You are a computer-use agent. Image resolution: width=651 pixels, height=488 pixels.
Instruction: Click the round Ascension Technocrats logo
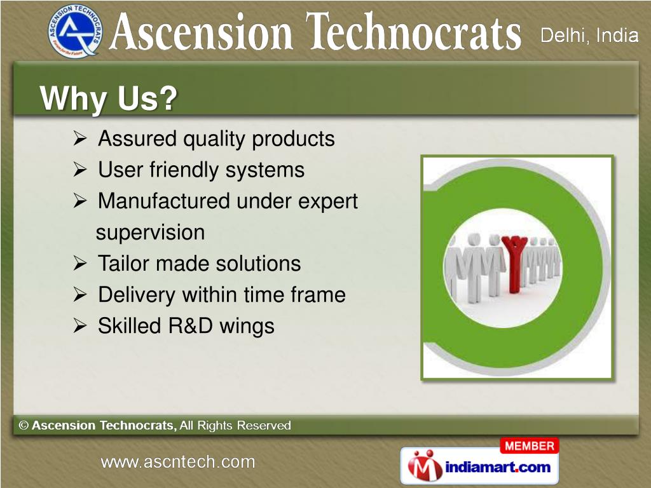(74, 32)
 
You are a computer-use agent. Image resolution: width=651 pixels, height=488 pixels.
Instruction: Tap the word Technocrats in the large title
(413, 31)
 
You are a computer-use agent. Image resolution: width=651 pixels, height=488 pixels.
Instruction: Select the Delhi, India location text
(589, 36)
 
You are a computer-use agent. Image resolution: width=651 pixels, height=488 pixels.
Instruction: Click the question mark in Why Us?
(168, 98)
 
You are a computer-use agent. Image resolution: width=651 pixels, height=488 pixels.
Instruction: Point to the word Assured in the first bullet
(137, 138)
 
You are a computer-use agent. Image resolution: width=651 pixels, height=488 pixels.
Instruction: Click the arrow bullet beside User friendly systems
(79, 170)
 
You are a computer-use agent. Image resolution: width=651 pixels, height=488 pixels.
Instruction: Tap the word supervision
(150, 233)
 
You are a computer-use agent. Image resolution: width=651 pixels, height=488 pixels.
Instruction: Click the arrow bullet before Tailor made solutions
(79, 263)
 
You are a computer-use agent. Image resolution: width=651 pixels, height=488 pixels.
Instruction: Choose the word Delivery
(137, 295)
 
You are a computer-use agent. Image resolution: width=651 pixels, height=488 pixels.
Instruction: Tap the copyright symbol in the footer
(24, 425)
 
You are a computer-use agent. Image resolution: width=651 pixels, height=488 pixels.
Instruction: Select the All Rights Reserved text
(235, 425)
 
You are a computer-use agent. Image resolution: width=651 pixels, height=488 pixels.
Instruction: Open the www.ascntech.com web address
(178, 462)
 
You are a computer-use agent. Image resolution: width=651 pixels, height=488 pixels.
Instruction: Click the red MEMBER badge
(530, 446)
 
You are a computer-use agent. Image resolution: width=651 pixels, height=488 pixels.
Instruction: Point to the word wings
(247, 327)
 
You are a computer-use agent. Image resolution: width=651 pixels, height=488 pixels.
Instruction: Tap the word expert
(328, 202)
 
